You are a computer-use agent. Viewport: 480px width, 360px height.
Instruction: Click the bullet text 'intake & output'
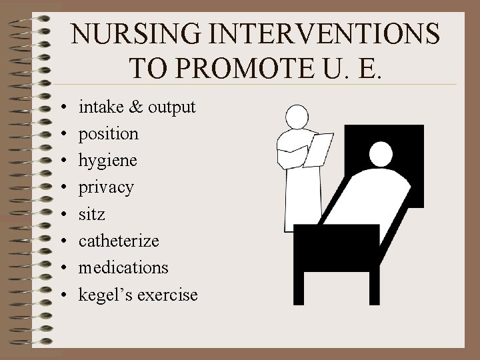(x=137, y=107)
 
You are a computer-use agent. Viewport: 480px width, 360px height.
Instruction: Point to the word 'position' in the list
(x=109, y=133)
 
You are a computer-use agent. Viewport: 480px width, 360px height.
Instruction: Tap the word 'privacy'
(x=106, y=187)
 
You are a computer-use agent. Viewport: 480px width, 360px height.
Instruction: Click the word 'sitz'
(x=91, y=214)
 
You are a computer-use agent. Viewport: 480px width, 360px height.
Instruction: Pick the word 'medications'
(x=123, y=267)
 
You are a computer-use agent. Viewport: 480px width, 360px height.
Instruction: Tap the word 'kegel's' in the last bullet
(x=105, y=294)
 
